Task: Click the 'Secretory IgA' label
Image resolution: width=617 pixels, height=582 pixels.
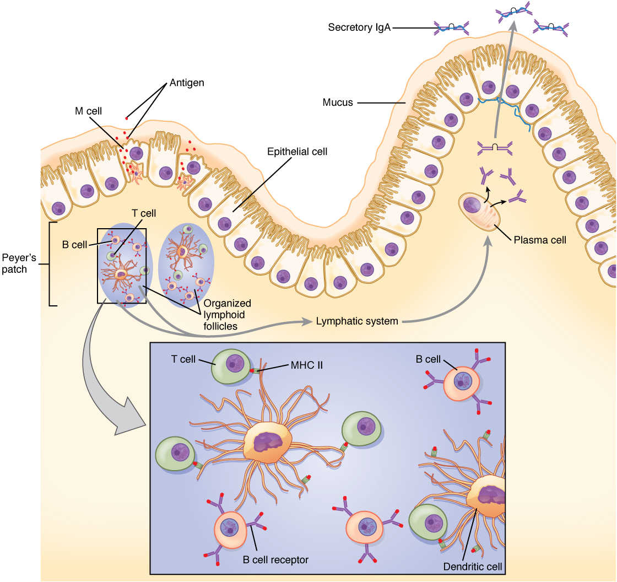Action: (359, 27)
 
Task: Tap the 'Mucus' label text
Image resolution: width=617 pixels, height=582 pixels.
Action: (338, 102)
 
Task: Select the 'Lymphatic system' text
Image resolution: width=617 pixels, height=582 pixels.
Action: (357, 321)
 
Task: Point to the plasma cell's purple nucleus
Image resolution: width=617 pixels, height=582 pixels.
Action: (473, 206)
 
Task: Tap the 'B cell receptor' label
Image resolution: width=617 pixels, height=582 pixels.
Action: (275, 559)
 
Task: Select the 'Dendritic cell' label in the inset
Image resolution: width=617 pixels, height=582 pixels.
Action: (473, 566)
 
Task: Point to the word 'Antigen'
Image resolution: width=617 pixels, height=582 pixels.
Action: (186, 83)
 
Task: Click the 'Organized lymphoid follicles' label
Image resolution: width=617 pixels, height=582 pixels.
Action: (227, 315)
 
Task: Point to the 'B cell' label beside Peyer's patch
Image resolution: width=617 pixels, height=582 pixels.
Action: (73, 244)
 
